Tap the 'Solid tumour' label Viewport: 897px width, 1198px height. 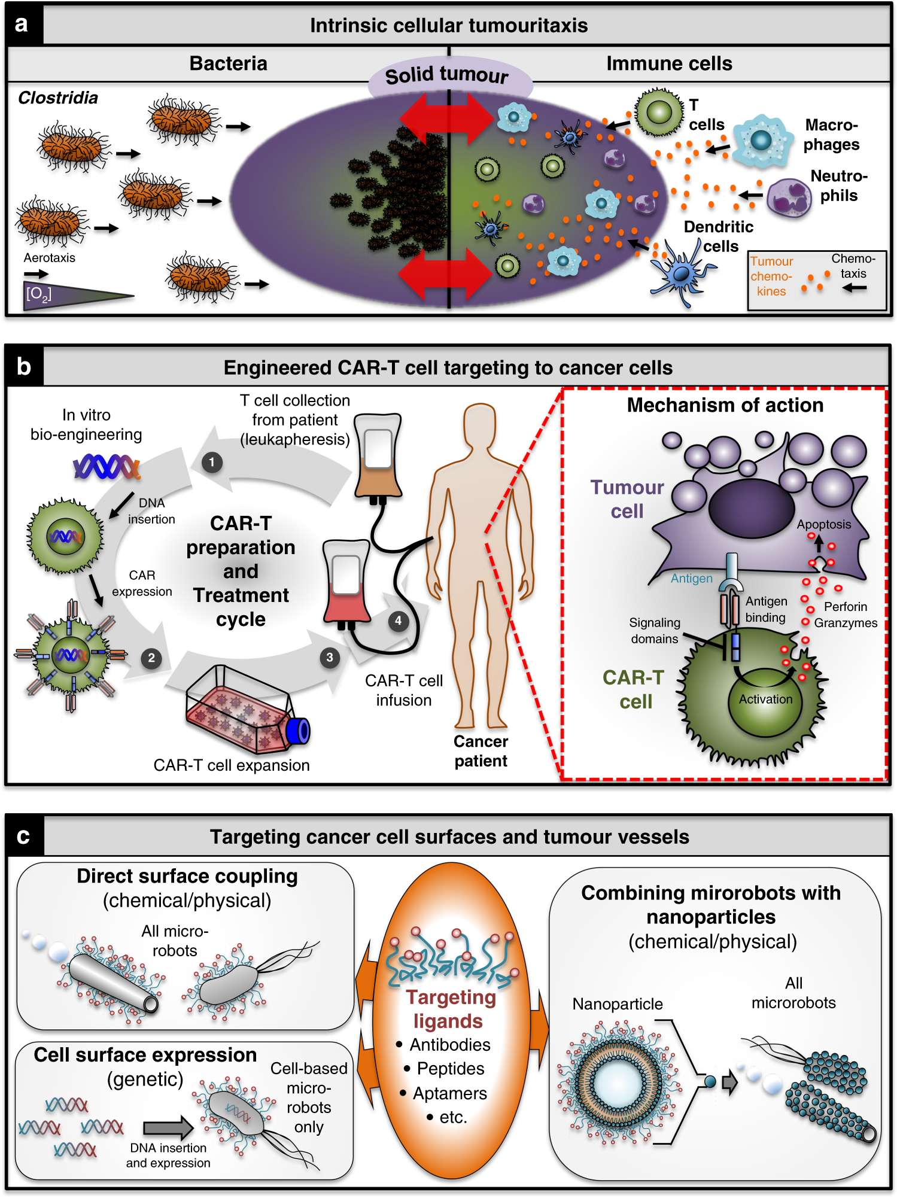click(x=447, y=75)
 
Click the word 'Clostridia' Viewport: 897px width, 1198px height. click(x=57, y=98)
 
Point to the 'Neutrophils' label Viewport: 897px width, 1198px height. click(x=838, y=186)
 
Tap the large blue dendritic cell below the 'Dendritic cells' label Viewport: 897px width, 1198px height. click(x=681, y=273)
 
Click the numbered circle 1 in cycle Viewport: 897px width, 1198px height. click(x=211, y=462)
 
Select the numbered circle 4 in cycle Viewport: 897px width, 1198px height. click(x=398, y=621)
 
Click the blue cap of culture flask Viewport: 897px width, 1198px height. click(x=299, y=731)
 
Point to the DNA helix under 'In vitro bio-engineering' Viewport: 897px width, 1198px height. click(x=107, y=466)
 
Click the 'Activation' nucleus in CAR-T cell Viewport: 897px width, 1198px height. click(x=765, y=700)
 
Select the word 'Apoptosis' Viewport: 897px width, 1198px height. click(x=823, y=524)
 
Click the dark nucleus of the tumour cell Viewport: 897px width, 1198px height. click(x=751, y=508)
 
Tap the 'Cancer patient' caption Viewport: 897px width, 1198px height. click(x=481, y=751)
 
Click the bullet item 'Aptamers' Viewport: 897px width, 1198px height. click(x=449, y=1093)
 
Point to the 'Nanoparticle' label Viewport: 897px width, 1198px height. click(x=617, y=1004)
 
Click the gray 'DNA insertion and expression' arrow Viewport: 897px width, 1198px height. click(x=168, y=1128)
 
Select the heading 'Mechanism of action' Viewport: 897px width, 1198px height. click(x=725, y=405)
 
